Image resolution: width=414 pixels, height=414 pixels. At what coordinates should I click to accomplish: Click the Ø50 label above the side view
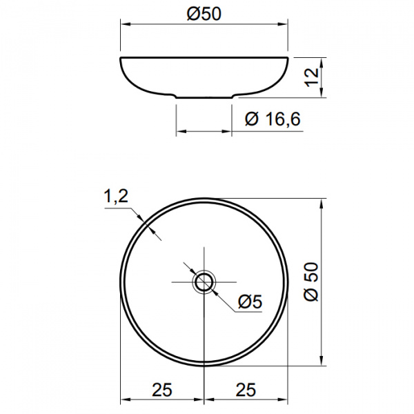[x=204, y=14]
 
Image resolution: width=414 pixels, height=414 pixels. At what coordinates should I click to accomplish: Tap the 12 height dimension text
[x=312, y=77]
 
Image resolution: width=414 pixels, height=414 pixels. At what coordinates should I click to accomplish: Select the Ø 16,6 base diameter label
[x=273, y=119]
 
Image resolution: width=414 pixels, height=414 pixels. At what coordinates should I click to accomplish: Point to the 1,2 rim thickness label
[x=116, y=196]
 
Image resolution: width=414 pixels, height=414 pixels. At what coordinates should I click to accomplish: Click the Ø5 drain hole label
[x=250, y=302]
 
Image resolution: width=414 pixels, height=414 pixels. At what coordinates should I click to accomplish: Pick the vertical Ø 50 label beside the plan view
[x=311, y=282]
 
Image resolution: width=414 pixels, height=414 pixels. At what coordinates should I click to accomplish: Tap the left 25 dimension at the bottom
[x=162, y=390]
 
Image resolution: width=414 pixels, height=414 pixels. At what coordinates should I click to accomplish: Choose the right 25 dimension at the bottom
[x=246, y=390]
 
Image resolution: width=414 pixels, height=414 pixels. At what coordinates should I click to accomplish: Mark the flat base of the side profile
[x=204, y=98]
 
